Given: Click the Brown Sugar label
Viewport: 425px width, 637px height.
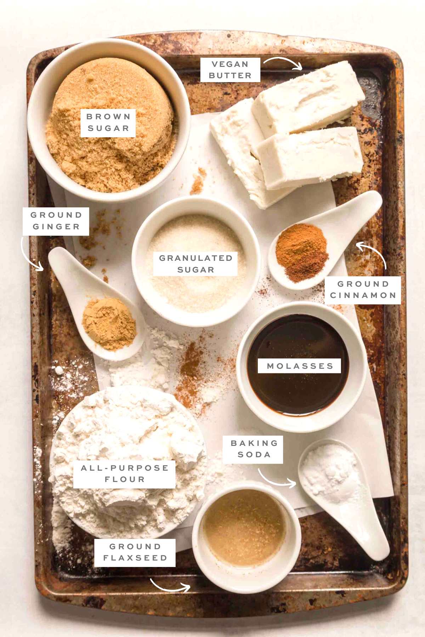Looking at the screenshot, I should pos(108,122).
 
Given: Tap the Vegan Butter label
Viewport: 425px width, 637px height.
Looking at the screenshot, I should pos(230,70).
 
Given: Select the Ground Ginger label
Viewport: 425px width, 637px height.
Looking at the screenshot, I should pos(56,221).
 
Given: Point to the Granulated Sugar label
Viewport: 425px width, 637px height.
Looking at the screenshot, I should pos(195,264).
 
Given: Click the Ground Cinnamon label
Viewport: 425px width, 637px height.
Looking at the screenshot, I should pos(363,289).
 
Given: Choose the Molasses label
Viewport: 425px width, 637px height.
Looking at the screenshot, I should pos(300,366).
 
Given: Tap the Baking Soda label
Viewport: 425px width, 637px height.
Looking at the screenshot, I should pos(254,449).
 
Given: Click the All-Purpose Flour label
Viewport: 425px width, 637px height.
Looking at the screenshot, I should pos(125,474).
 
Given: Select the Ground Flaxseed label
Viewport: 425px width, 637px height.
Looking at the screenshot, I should pos(135,552).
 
